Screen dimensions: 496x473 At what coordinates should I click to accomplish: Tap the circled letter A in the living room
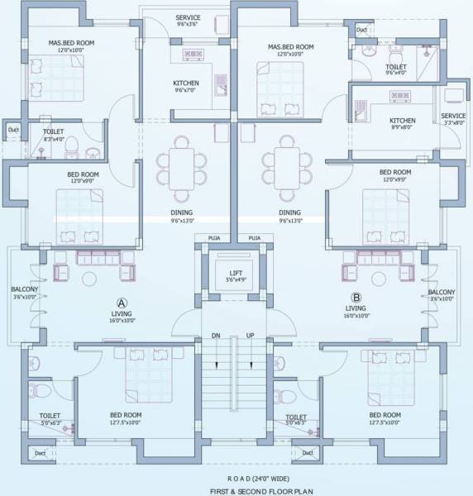click(122, 302)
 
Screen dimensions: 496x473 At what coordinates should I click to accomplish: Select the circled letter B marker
click(356, 297)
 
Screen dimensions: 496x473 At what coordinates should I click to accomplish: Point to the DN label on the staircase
click(216, 336)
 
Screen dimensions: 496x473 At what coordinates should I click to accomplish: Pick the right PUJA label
click(254, 238)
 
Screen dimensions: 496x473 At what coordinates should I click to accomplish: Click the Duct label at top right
click(362, 31)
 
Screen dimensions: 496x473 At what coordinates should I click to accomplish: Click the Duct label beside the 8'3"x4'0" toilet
click(13, 129)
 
